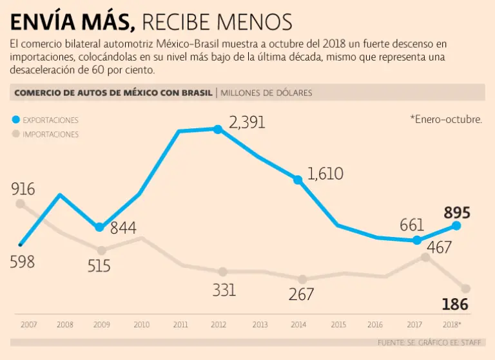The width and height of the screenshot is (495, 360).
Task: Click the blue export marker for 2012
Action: (x=218, y=129)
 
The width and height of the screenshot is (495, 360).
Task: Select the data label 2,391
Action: (x=247, y=122)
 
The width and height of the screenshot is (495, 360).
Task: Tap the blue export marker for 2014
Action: (x=298, y=180)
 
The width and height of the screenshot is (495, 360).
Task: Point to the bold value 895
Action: (x=456, y=213)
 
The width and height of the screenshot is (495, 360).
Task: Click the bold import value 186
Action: (x=455, y=305)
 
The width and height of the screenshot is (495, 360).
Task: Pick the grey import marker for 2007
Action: (x=21, y=204)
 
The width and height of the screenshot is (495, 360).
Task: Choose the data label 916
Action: (x=23, y=189)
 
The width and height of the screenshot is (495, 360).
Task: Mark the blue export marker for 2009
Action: (x=99, y=227)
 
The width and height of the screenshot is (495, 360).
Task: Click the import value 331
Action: (x=224, y=290)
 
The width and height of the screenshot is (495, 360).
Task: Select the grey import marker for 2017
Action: (x=425, y=257)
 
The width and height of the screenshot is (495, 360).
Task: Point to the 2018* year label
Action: (x=453, y=325)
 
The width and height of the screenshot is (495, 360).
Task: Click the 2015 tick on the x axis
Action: (x=338, y=325)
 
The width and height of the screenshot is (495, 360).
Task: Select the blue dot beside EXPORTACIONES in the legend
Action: (x=16, y=120)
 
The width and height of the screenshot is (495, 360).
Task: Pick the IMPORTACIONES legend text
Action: (x=50, y=135)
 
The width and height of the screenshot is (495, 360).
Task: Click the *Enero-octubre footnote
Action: (x=445, y=119)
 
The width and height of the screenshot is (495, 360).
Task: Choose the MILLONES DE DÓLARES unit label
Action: (x=266, y=93)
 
